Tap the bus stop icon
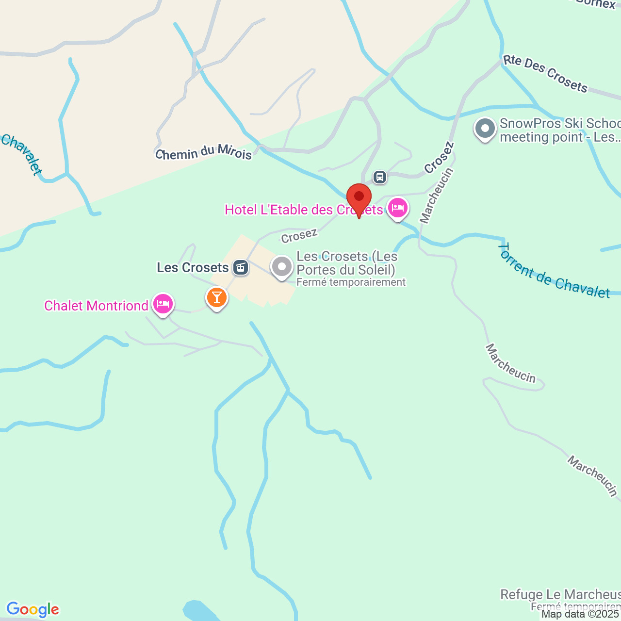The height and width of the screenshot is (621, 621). pyautogui.click(x=380, y=177)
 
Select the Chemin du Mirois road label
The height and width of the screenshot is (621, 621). pyautogui.click(x=203, y=152)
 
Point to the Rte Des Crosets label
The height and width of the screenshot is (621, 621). pyautogui.click(x=545, y=73)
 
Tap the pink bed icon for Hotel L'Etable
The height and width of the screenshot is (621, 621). pyautogui.click(x=398, y=208)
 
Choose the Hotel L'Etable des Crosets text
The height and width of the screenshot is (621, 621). pyautogui.click(x=304, y=210)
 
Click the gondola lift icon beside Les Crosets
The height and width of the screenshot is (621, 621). pyautogui.click(x=240, y=267)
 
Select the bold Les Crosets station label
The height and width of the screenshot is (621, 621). pyautogui.click(x=193, y=267)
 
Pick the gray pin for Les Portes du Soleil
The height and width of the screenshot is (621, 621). pyautogui.click(x=282, y=267)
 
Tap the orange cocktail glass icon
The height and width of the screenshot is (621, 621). pyautogui.click(x=217, y=297)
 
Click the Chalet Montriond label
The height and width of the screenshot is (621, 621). pyautogui.click(x=96, y=306)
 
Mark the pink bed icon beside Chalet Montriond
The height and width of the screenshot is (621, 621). pyautogui.click(x=163, y=304)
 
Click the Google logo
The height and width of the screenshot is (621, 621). pyautogui.click(x=33, y=609)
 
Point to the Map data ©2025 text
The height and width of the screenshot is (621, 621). pyautogui.click(x=580, y=614)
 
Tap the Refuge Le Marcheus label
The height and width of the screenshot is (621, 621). pyautogui.click(x=560, y=594)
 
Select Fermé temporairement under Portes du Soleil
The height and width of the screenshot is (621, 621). pyautogui.click(x=351, y=282)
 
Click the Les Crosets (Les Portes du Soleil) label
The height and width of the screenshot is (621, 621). pyautogui.click(x=346, y=263)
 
